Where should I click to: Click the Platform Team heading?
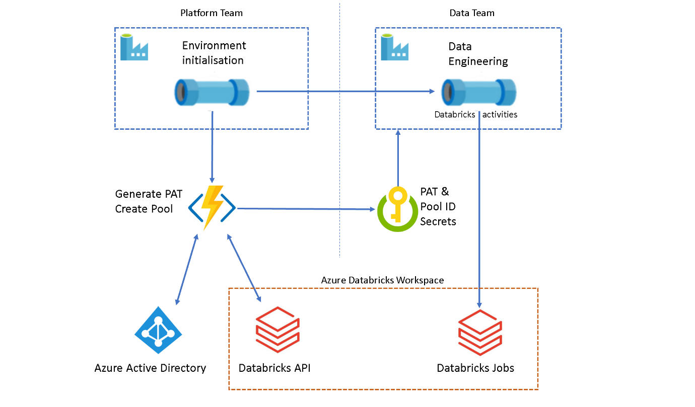tap(212, 13)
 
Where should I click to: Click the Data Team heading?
tap(471, 13)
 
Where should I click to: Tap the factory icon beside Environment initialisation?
tap(134, 47)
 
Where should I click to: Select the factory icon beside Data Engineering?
tap(394, 47)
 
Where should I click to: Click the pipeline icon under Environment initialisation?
tap(212, 92)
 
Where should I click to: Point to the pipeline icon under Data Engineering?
tap(479, 92)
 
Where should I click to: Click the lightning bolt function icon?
tap(212, 207)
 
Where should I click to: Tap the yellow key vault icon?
tap(397, 209)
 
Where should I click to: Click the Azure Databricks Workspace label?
tap(382, 280)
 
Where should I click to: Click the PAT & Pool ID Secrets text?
tap(438, 206)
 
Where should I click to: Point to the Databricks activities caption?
tap(475, 115)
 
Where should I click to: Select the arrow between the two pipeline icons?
tap(345, 92)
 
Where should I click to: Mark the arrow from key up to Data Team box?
tap(398, 158)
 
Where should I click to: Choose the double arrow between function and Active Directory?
tap(186, 269)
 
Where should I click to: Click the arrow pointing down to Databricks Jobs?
tap(479, 211)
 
